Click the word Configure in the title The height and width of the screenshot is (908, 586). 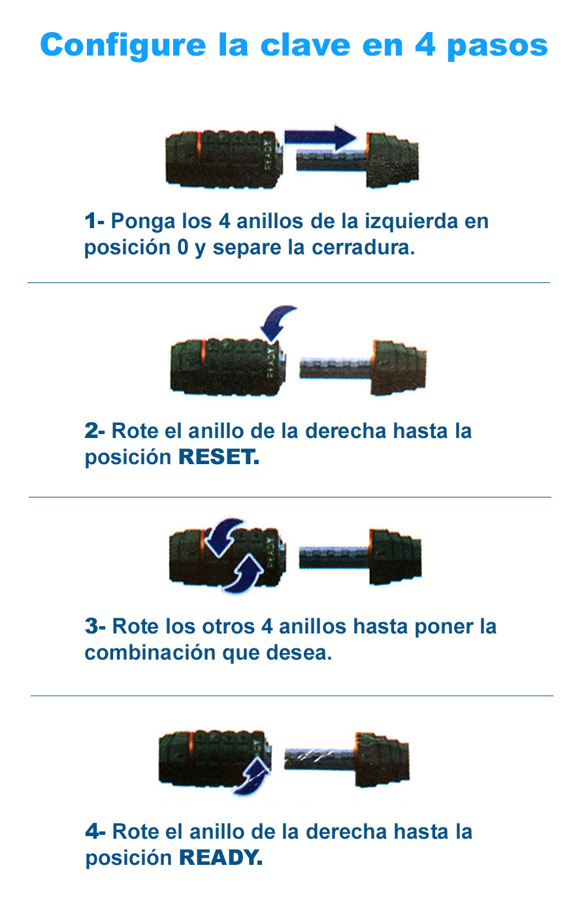click(x=123, y=45)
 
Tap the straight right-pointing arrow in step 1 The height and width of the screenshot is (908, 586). click(x=320, y=137)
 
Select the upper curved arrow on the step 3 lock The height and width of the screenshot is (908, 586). click(x=223, y=537)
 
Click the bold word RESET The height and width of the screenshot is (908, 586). click(x=219, y=457)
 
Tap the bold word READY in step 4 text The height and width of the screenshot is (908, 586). click(x=221, y=858)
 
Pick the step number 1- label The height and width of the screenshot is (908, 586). click(x=95, y=222)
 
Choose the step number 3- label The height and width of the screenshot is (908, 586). click(x=95, y=626)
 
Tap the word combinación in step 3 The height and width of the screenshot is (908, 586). click(x=150, y=653)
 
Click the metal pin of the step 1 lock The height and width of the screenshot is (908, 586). click(x=331, y=160)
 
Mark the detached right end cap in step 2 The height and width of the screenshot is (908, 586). click(x=398, y=367)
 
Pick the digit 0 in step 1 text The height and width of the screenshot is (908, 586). click(x=183, y=247)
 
